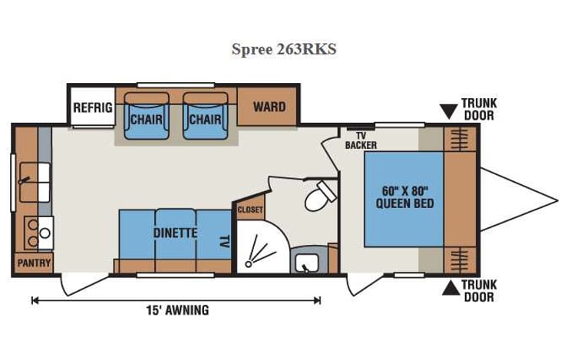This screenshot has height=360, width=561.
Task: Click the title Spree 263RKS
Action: point(283,49)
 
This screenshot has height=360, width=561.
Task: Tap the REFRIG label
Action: point(92,107)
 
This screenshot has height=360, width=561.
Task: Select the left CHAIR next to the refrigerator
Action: point(145,119)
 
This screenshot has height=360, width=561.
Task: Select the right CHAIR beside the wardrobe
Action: point(205,119)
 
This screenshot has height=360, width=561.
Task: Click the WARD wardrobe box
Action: point(269,107)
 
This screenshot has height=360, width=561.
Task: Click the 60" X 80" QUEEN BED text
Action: point(404,197)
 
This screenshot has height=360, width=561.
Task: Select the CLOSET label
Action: point(250,209)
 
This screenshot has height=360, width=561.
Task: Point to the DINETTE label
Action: point(175,232)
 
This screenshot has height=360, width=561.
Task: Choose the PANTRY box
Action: point(34,263)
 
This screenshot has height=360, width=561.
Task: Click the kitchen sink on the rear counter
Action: point(32,181)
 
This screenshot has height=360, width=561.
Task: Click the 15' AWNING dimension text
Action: point(177,311)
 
